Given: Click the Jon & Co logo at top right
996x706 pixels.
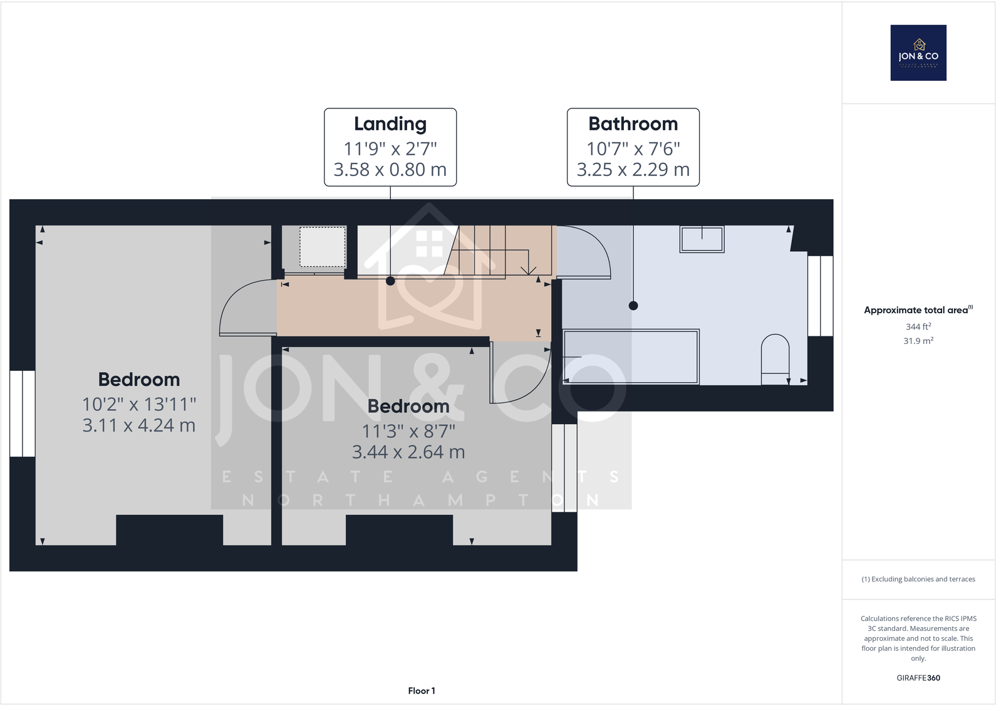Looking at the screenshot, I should click(x=918, y=53).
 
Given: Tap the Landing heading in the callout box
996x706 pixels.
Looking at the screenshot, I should click(x=390, y=124).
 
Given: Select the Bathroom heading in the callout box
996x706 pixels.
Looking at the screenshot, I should click(x=633, y=124).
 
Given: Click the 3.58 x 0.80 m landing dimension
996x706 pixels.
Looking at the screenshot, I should click(x=390, y=170).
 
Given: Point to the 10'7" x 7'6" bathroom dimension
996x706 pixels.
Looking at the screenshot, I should click(x=633, y=148).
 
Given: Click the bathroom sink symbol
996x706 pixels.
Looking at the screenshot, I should click(x=702, y=239).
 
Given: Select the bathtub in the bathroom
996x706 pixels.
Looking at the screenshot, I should click(x=631, y=356).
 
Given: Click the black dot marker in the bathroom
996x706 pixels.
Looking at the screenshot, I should click(x=633, y=306).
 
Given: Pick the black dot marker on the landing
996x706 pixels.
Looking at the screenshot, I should click(x=390, y=281).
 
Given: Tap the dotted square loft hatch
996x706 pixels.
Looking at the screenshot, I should click(x=322, y=247).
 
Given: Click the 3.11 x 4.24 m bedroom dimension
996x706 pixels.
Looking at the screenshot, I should click(x=139, y=425).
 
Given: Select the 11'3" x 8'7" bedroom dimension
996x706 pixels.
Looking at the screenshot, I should click(x=408, y=431).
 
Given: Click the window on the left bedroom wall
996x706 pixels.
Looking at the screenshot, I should click(x=23, y=413).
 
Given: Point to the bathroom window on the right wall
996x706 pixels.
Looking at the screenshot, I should click(x=820, y=296).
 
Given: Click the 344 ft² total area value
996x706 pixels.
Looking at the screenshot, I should click(x=918, y=326).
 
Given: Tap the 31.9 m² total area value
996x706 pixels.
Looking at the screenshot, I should click(x=918, y=341).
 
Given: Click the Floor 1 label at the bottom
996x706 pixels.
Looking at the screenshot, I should click(x=422, y=691).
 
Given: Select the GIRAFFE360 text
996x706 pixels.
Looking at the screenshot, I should click(x=918, y=678).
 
